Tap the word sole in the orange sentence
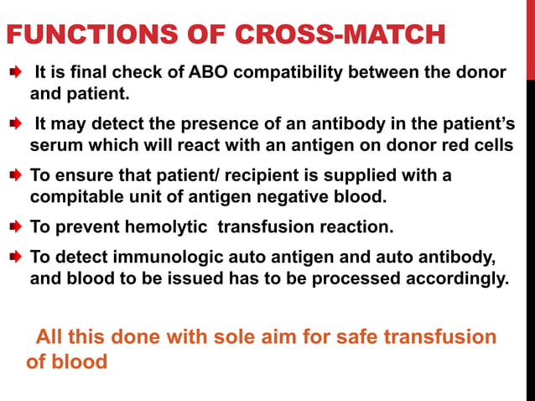(243, 336)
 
